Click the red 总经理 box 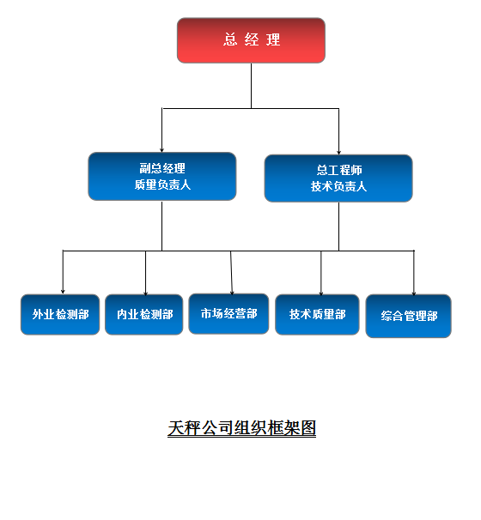(251, 40)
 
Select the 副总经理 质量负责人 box (162, 177)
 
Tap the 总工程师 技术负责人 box (338, 178)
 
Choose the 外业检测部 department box (60, 314)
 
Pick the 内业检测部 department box (144, 314)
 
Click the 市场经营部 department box (228, 314)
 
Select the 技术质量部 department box (317, 314)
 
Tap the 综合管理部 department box (409, 316)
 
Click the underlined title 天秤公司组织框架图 (241, 428)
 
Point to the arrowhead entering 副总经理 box (162, 150)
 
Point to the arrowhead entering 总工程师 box (338, 152)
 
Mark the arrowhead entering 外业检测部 (63, 292)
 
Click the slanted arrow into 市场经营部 (231, 273)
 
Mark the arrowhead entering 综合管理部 (414, 293)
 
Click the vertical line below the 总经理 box (252, 86)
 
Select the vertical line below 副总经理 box (162, 226)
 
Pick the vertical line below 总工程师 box (338, 227)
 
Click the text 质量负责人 (162, 184)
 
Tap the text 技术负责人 (338, 186)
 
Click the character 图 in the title (307, 428)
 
